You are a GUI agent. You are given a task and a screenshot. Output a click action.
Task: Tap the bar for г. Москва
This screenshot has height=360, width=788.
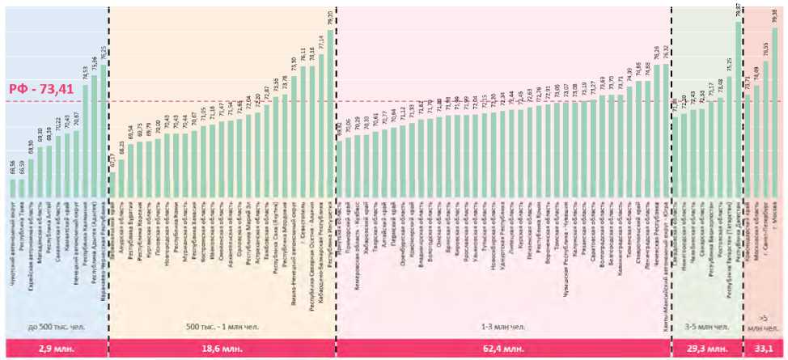(775, 121)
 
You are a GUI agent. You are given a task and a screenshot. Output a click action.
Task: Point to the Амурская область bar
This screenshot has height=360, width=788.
(121, 178)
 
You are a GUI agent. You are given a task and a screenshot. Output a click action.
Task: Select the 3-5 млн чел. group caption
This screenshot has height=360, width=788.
(706, 328)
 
